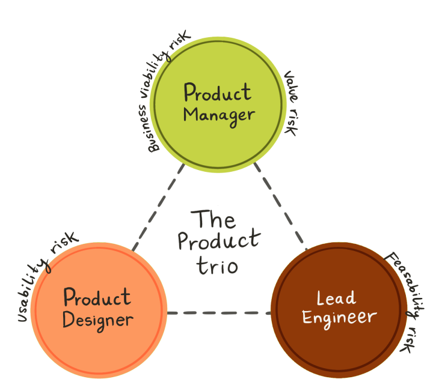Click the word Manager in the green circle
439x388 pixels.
tap(219, 114)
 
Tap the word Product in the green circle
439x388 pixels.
tap(218, 93)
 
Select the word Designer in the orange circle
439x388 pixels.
tap(97, 320)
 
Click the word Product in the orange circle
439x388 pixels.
tap(97, 298)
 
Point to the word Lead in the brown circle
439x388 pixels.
tap(336, 297)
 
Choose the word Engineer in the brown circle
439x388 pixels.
tap(339, 317)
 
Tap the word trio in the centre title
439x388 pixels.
tap(218, 265)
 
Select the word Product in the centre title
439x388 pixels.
tap(219, 241)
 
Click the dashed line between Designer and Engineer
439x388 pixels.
tap(218, 313)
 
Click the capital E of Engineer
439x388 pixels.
tap(307, 317)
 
